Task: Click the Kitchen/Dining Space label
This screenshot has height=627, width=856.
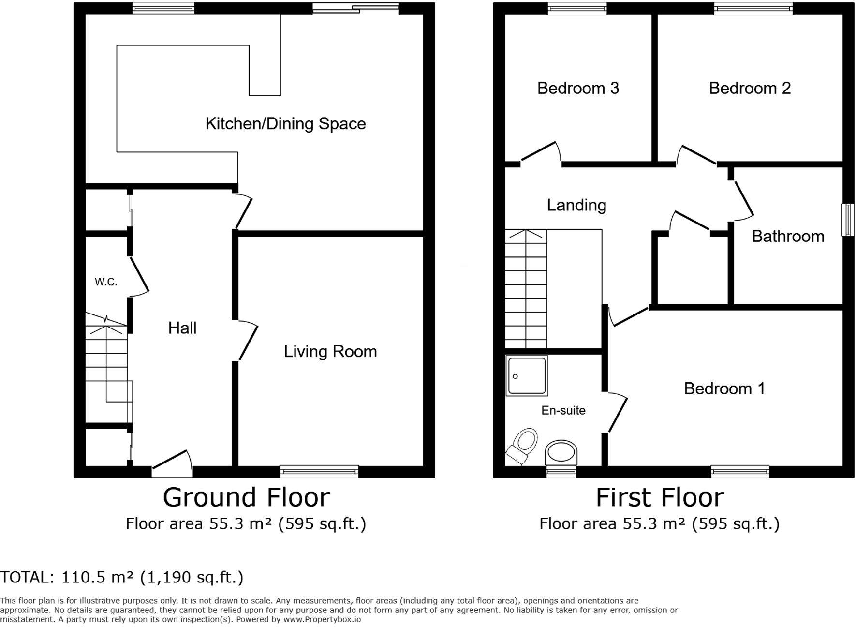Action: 285,124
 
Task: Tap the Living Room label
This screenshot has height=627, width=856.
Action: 330,351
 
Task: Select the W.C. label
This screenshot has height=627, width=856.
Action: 106,282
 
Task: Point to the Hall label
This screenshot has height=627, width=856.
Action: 182,328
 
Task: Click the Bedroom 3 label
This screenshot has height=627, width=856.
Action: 578,88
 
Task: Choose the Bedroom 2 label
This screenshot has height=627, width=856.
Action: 750,88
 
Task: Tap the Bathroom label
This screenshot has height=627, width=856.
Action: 788,236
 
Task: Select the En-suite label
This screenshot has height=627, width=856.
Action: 563,410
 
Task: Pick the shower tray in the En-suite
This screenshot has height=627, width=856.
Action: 527,376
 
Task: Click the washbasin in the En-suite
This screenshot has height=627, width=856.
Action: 561,453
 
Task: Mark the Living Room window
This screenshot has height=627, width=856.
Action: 319,471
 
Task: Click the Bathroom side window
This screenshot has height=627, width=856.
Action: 848,220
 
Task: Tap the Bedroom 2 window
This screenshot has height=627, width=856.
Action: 753,8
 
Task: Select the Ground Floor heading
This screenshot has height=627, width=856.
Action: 246,497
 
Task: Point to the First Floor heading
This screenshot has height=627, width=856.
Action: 660,497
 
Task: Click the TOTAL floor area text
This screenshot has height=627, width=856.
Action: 122,577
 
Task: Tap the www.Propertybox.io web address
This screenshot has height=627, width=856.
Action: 322,619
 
